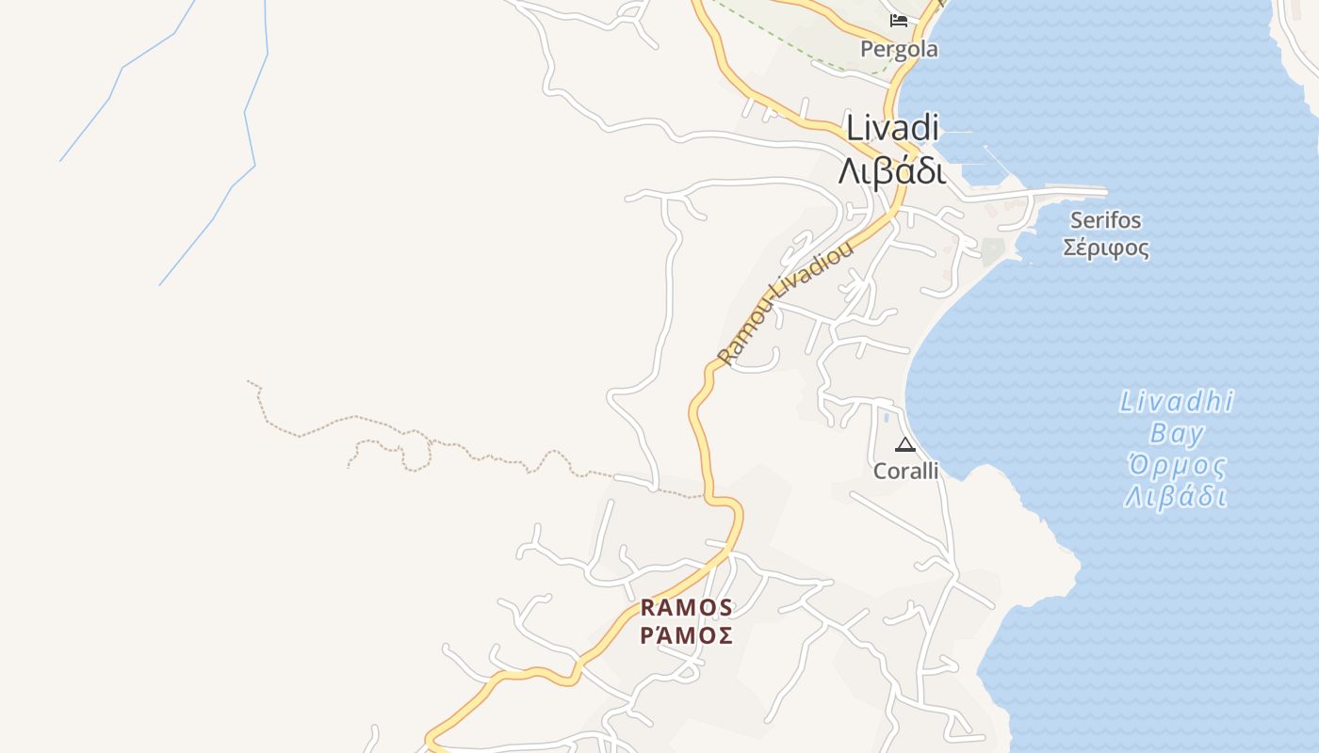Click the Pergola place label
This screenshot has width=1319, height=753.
pyautogui.click(x=899, y=49)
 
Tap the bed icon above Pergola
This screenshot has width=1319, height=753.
pyautogui.click(x=899, y=20)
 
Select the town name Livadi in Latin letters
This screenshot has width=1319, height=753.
pyautogui.click(x=893, y=128)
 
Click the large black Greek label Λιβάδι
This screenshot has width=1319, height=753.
pyautogui.click(x=891, y=171)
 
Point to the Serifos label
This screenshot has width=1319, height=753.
pyautogui.click(x=1105, y=220)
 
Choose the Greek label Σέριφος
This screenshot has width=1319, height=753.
pyautogui.click(x=1105, y=248)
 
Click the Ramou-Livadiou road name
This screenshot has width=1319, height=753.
pyautogui.click(x=785, y=303)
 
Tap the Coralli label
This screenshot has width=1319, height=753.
pyautogui.click(x=905, y=471)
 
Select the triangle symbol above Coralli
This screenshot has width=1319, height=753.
pyautogui.click(x=905, y=444)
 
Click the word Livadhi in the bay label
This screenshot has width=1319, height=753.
pyautogui.click(x=1176, y=402)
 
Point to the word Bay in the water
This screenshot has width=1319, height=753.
pyautogui.click(x=1176, y=433)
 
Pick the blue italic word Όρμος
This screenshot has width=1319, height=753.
pyautogui.click(x=1177, y=465)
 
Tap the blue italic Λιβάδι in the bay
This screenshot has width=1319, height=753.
pyautogui.click(x=1176, y=496)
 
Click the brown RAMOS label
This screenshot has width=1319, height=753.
pyautogui.click(x=686, y=607)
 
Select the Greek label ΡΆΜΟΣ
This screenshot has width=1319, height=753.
pyautogui.click(x=686, y=636)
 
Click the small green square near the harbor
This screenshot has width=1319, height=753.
pyautogui.click(x=992, y=250)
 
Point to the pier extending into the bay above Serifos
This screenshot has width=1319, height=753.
pyautogui.click(x=1065, y=192)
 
